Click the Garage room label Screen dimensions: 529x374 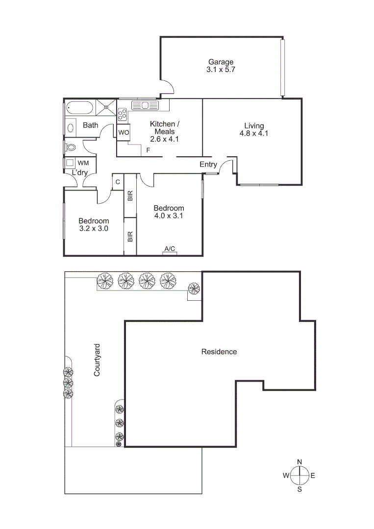click(221, 62)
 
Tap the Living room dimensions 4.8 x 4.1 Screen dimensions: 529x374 click(254, 133)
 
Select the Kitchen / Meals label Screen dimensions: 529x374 click(165, 127)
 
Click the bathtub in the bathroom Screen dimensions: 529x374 click(79, 106)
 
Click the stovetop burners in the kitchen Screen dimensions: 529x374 click(122, 115)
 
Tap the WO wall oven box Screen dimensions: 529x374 click(123, 132)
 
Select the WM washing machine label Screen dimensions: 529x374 click(83, 163)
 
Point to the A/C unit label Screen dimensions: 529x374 click(170, 249)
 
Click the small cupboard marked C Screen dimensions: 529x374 click(118, 182)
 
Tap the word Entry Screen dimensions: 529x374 click(208, 165)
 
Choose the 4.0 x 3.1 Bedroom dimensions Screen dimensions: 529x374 click(169, 216)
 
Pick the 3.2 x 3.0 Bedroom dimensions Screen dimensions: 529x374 click(93, 228)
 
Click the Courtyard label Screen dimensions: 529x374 click(97, 360)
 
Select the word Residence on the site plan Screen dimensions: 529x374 click(219, 352)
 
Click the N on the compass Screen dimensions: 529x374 click(299, 462)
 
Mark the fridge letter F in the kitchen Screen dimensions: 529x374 click(148, 150)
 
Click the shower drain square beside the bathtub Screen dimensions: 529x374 click(105, 106)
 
